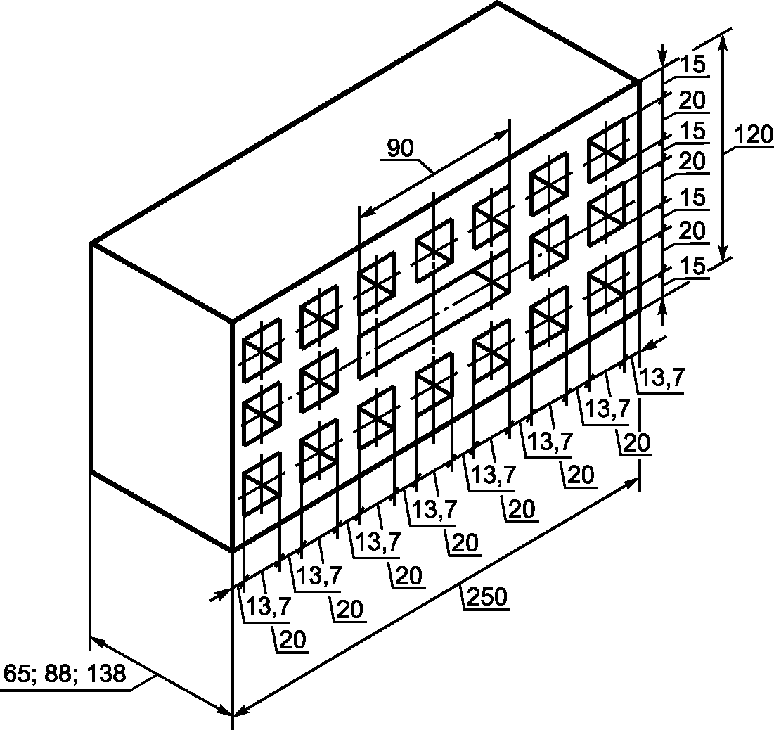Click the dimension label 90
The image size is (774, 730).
tap(400, 148)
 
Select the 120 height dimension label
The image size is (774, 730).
tap(754, 135)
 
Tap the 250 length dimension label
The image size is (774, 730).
tap(486, 596)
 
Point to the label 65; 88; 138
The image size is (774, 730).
tap(65, 674)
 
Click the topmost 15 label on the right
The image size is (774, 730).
tap(693, 65)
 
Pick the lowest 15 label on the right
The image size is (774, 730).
tap(693, 267)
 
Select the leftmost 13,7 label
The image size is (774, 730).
tap(268, 606)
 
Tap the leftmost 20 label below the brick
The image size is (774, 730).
tap(292, 639)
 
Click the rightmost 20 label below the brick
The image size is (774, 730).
tap(637, 442)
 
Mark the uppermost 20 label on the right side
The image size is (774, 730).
tap(692, 101)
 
